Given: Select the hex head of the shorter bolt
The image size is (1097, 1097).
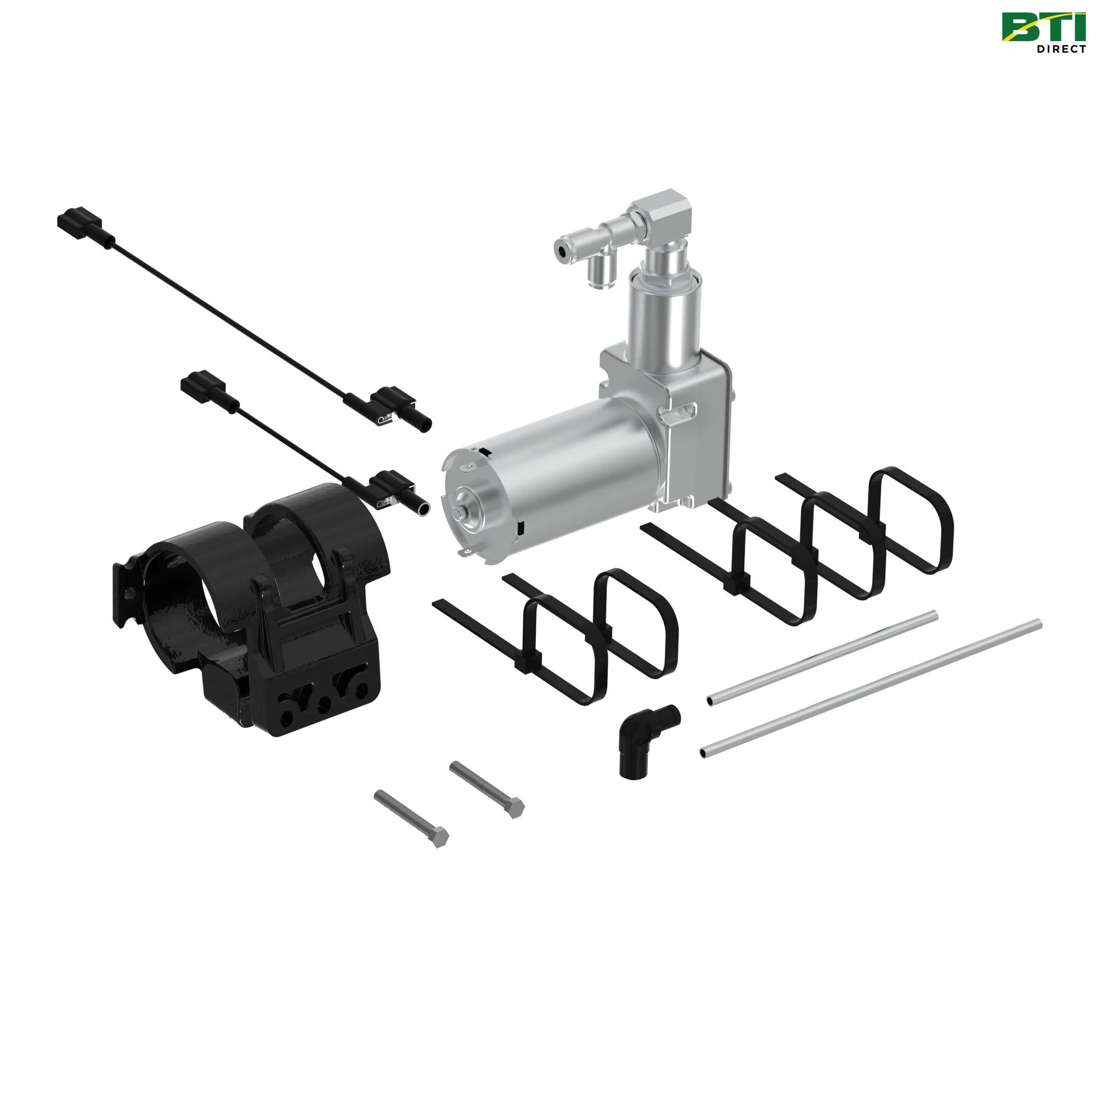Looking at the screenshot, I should [515, 807].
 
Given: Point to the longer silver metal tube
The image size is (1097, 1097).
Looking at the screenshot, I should [869, 689].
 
